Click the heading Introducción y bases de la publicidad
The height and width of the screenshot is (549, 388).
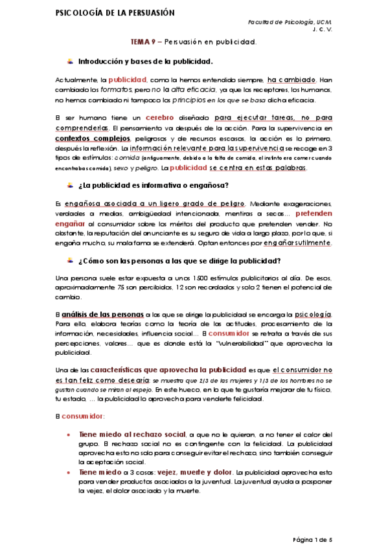coord(145,62)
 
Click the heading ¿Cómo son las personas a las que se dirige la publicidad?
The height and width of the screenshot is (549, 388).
coord(179,261)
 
